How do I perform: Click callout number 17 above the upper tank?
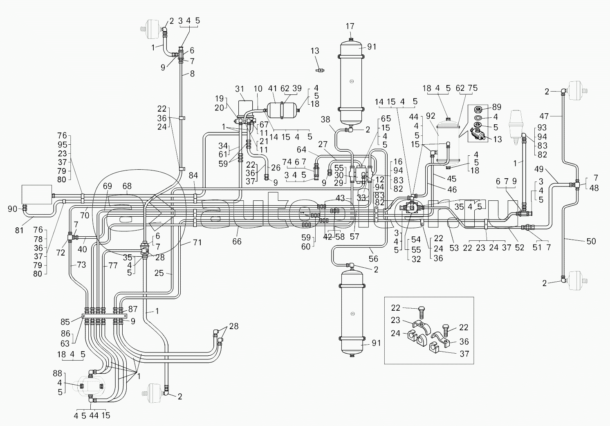coord(350,27)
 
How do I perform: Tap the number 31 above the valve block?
coord(240,89)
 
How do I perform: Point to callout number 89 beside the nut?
coord(497,107)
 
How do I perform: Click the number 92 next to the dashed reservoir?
coord(431,116)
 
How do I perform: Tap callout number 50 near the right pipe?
coord(591,241)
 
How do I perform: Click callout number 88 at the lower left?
coord(58,373)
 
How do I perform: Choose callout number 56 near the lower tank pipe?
coord(373,258)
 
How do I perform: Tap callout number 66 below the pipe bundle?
coord(237,242)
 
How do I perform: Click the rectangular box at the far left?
coord(37,194)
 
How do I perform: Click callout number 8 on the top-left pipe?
coord(192,74)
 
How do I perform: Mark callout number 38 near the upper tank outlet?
coord(325,119)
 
